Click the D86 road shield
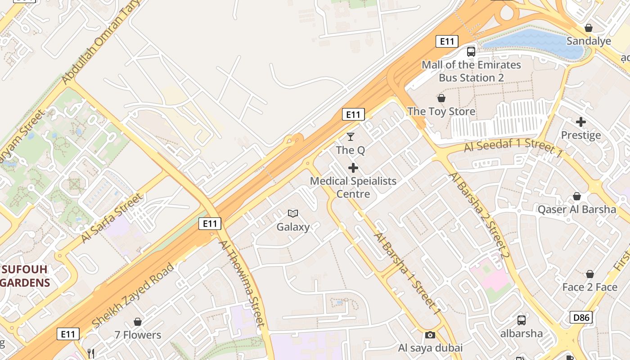click(x=580, y=317)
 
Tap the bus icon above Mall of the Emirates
click(x=471, y=51)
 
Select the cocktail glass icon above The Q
click(x=351, y=136)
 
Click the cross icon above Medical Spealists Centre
click(x=353, y=168)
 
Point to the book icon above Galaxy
click(x=293, y=213)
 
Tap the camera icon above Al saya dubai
click(x=430, y=335)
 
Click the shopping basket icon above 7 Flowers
click(x=138, y=322)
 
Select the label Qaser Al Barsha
click(x=577, y=209)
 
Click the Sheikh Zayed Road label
click(x=133, y=296)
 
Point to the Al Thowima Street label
click(x=242, y=283)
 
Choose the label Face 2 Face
click(x=589, y=287)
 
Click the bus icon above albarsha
click(x=521, y=320)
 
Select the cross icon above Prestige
click(x=581, y=121)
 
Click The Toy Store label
click(x=441, y=111)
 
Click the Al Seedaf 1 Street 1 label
click(x=513, y=149)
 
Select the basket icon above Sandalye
click(x=588, y=28)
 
